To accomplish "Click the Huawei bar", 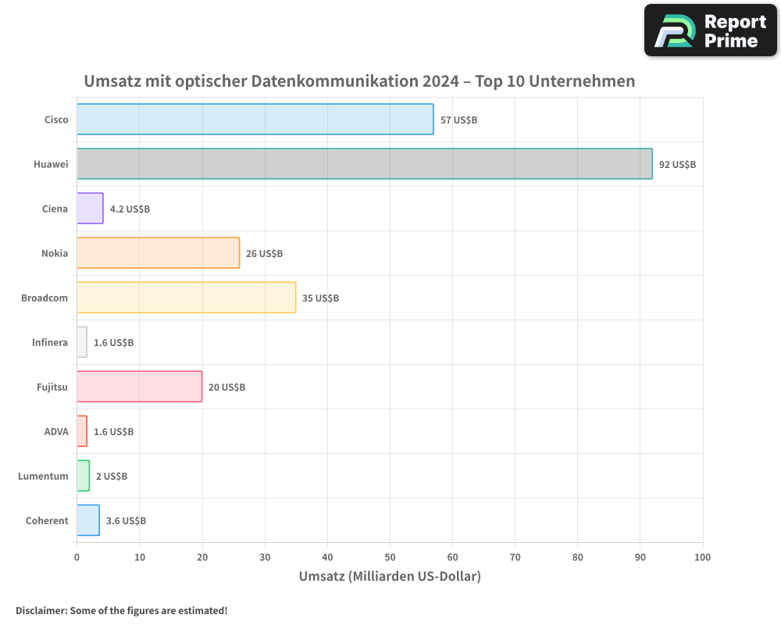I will pyautogui.click(x=364, y=164).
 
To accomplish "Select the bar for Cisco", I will pyautogui.click(x=255, y=120).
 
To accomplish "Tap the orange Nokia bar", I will pyautogui.click(x=158, y=253).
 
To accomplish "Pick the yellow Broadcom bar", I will pyautogui.click(x=186, y=298).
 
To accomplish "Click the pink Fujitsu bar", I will pyautogui.click(x=139, y=387).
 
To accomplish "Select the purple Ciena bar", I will pyautogui.click(x=90, y=209).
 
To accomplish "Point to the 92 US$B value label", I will pyautogui.click(x=677, y=165).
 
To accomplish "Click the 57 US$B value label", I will pyautogui.click(x=458, y=120).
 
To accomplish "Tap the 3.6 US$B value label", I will pyautogui.click(x=126, y=521).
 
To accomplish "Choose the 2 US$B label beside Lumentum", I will pyautogui.click(x=112, y=477).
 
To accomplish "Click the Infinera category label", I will pyautogui.click(x=50, y=343).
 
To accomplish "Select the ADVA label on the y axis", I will pyautogui.click(x=56, y=432).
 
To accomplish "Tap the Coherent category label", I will pyautogui.click(x=47, y=521).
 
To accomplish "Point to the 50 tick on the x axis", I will pyautogui.click(x=390, y=558).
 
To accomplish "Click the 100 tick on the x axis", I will pyautogui.click(x=702, y=558).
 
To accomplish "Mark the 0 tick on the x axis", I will pyautogui.click(x=77, y=558).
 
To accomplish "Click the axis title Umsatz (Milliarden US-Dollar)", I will pyautogui.click(x=390, y=577).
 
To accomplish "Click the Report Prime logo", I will pyautogui.click(x=710, y=30).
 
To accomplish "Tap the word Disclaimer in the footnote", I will pyautogui.click(x=40, y=611).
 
